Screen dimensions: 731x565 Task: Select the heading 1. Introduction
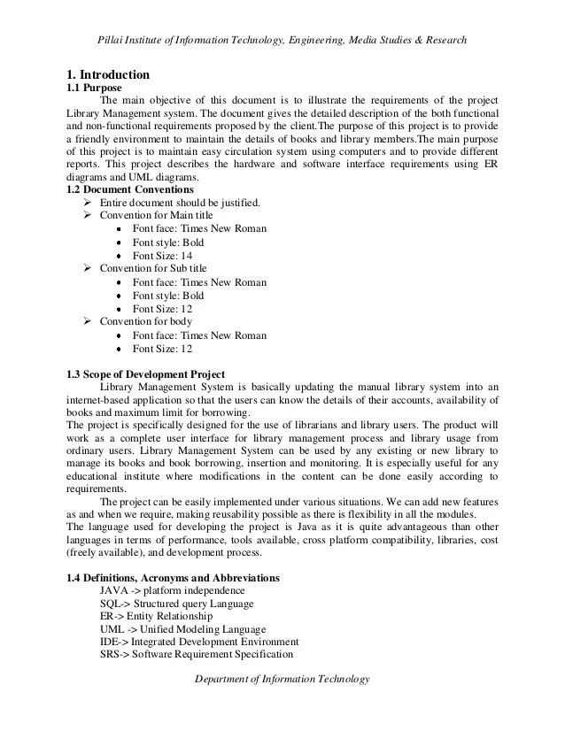click(108, 74)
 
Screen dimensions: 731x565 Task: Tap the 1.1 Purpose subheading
click(94, 88)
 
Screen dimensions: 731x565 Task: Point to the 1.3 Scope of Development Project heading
click(145, 374)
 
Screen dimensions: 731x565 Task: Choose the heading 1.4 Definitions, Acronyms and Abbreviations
click(173, 578)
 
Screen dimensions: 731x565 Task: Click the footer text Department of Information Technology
click(281, 678)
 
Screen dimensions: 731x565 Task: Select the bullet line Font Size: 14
click(162, 255)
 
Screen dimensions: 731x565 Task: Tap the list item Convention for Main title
click(156, 215)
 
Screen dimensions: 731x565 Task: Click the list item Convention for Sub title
click(153, 268)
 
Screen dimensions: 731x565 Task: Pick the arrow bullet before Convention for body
click(87, 322)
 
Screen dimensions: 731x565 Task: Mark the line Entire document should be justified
click(180, 203)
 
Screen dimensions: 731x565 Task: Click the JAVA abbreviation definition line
click(172, 590)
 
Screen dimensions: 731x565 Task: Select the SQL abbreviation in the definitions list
click(113, 604)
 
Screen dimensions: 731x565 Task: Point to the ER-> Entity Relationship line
click(156, 616)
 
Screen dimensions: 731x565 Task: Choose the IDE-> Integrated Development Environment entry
click(198, 642)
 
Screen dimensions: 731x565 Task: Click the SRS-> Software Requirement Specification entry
click(196, 655)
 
